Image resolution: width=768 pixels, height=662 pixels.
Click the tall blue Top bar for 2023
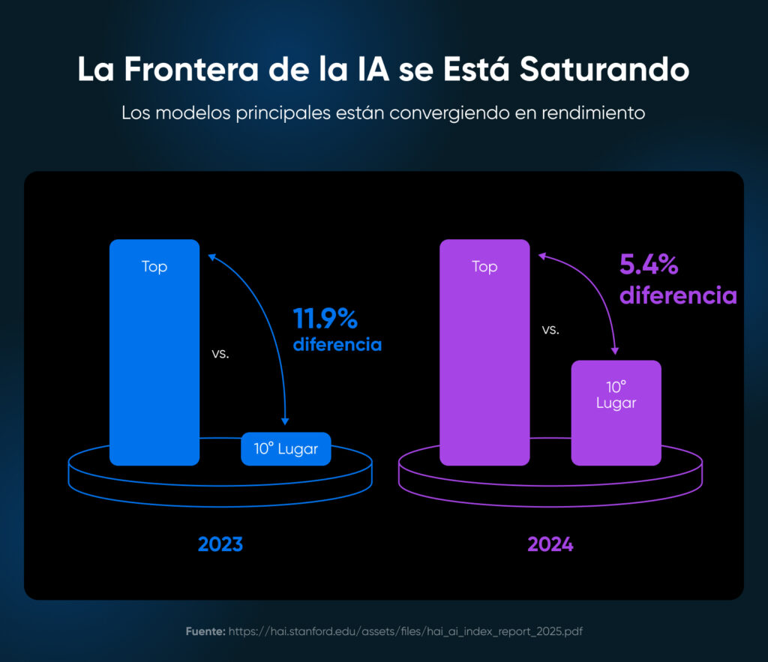point(154,352)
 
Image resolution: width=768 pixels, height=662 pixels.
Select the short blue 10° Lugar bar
point(286,449)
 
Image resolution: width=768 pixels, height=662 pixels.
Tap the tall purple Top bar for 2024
point(484,352)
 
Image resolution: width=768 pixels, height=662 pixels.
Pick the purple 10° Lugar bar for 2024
point(616,412)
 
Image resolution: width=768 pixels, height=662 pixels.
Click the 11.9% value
point(325,319)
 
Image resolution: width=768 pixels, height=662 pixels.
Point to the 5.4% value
point(649,265)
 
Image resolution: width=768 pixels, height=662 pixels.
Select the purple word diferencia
point(678,295)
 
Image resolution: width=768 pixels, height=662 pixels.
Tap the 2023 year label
point(220,544)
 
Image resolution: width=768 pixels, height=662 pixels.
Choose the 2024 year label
point(550,544)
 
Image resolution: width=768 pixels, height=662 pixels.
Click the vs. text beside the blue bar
point(220,354)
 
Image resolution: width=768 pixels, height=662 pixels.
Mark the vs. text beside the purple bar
point(550,329)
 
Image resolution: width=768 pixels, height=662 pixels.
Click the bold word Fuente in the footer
point(205,631)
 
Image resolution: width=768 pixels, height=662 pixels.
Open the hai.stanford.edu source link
point(406,631)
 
